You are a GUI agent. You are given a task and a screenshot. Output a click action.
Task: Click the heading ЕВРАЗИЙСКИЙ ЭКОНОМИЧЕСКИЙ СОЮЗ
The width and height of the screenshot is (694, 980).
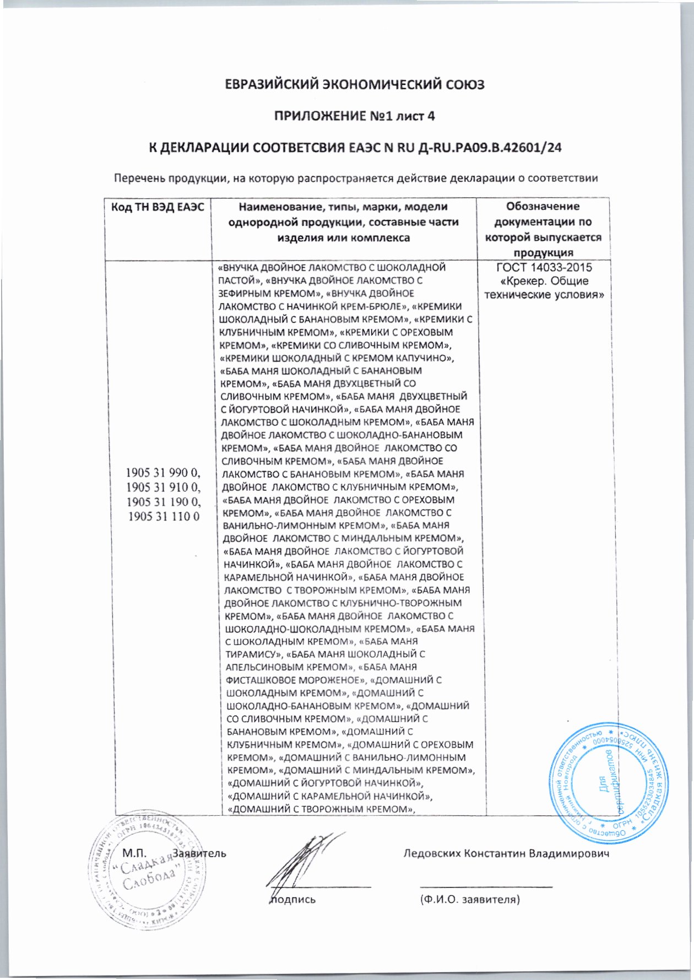click(x=355, y=85)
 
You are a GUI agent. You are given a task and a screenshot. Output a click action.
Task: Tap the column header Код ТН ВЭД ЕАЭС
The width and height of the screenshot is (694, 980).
click(x=158, y=207)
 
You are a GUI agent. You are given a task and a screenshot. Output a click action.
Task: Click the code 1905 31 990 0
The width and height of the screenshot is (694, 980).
click(x=164, y=473)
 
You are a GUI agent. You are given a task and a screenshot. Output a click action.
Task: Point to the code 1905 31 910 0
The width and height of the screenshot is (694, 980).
click(x=164, y=488)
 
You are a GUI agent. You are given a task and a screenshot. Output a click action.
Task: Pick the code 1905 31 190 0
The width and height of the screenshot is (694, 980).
click(x=164, y=502)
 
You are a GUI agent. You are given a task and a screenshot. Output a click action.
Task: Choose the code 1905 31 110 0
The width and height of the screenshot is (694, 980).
click(x=164, y=516)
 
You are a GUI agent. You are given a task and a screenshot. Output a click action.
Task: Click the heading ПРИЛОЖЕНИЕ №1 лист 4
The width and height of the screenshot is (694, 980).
click(x=355, y=116)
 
